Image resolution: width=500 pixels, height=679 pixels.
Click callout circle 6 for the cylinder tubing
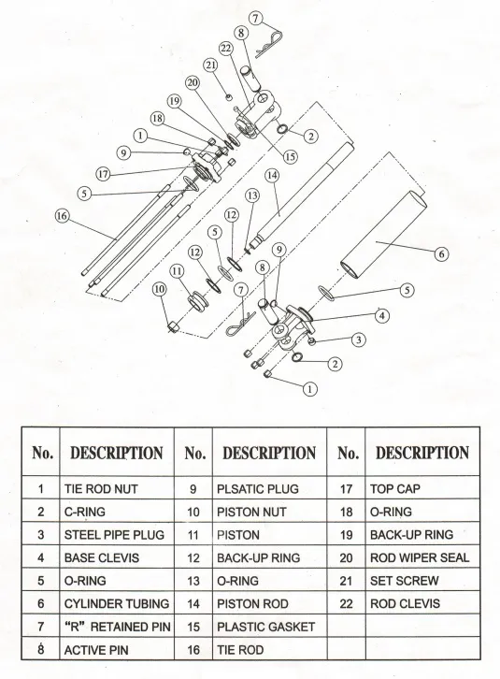[x=441, y=252]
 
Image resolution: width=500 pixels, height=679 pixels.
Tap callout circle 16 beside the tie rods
[x=62, y=215]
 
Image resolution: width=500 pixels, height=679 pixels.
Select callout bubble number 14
[x=272, y=175]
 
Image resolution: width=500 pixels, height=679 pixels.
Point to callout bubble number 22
[x=225, y=48]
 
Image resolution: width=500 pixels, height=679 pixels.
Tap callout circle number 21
[x=210, y=65]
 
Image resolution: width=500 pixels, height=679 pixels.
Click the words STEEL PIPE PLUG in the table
[x=113, y=535]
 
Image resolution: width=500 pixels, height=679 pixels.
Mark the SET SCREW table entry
[x=405, y=582]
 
